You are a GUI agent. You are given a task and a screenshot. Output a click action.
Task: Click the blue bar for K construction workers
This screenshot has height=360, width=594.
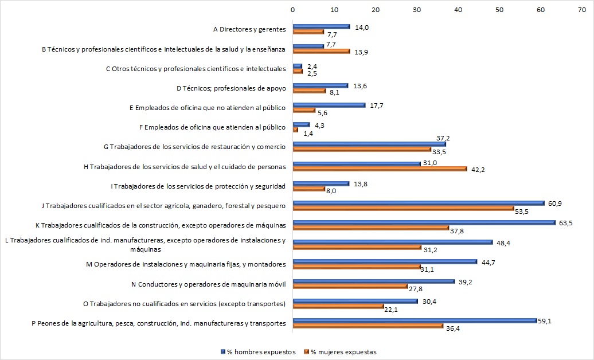click(x=424, y=222)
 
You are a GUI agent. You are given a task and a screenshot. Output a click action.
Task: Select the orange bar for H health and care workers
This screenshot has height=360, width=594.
click(x=380, y=168)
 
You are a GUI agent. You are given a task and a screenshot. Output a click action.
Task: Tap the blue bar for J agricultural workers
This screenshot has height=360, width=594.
click(x=419, y=203)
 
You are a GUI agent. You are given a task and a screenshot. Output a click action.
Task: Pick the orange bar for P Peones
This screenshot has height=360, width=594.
click(x=368, y=326)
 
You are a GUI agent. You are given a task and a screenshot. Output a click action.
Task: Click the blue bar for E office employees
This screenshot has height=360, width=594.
click(x=329, y=105)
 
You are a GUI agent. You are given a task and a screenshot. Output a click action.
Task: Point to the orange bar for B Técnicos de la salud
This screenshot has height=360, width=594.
click(x=321, y=52)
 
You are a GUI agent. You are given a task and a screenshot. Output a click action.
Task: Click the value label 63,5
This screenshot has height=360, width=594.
click(x=565, y=222)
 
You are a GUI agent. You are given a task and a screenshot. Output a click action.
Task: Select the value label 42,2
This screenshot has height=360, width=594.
click(x=479, y=170)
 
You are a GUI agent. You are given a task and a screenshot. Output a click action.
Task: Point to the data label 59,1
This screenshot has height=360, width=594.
click(x=547, y=320)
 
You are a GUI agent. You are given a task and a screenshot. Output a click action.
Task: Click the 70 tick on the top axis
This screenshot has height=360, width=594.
click(x=582, y=10)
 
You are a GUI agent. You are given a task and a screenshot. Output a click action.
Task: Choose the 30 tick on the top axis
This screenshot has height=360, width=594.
click(x=417, y=10)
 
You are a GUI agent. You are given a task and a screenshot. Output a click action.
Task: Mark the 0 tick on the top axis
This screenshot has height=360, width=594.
click(x=293, y=10)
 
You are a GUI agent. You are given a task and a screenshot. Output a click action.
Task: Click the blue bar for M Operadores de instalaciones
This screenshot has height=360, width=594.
click(x=385, y=261)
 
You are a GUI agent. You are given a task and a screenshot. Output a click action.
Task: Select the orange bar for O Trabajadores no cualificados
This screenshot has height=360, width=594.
click(x=338, y=306)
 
